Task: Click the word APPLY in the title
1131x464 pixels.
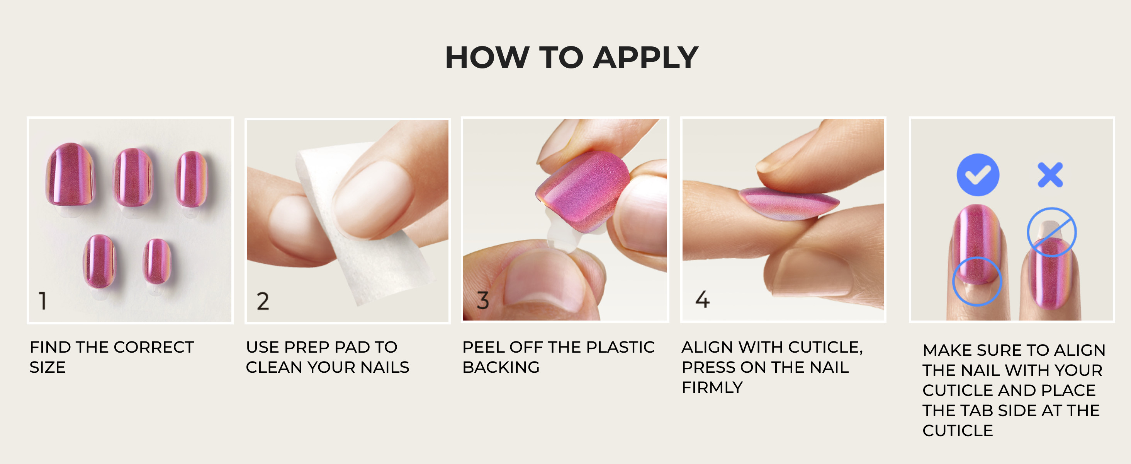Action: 645,58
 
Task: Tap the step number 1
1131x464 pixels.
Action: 42,301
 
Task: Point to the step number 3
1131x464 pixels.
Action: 482,300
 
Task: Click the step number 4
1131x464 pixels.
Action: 703,299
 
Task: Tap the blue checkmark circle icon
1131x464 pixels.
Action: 978,175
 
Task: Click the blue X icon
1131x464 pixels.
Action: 1050,175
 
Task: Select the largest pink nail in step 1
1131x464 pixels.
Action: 70,174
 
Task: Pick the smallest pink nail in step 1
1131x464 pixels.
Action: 157,261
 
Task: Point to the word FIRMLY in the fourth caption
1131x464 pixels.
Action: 712,387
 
